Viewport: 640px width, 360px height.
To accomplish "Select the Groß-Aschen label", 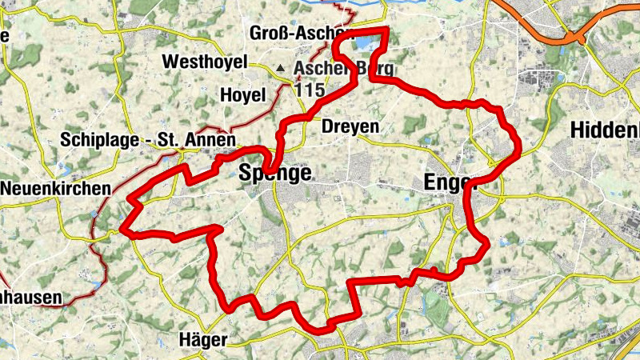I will point(300,34).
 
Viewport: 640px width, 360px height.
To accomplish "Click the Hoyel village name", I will point(241,95).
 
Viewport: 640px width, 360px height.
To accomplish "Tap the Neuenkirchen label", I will point(55,189).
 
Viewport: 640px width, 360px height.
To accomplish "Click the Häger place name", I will point(203,339).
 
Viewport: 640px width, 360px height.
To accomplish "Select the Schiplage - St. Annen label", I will point(139,140).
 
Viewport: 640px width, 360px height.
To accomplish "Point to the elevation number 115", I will point(310,90).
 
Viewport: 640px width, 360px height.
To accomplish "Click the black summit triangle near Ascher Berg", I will point(281,69).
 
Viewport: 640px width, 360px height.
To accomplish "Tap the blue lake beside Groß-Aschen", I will point(367,42).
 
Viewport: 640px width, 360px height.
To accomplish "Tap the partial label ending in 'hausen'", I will point(30,298).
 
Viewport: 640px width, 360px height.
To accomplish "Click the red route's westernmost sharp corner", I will point(122,232).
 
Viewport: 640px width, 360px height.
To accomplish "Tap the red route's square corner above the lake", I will point(387,30).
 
